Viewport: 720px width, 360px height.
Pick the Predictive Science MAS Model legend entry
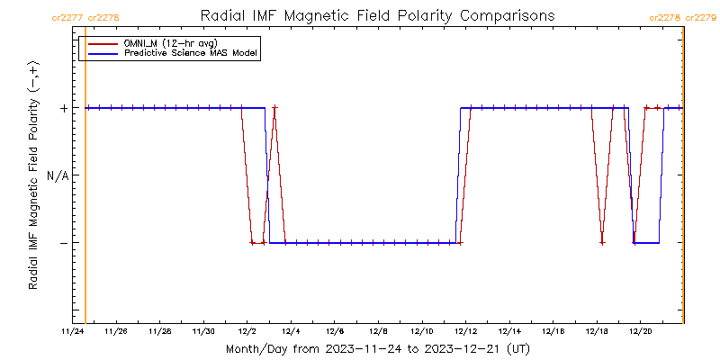(x=191, y=54)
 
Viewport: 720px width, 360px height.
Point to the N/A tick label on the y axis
(x=57, y=175)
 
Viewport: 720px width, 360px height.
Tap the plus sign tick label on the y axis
(x=64, y=108)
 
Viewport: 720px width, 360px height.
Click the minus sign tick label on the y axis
(x=64, y=243)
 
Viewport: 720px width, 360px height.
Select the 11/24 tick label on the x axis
(x=72, y=332)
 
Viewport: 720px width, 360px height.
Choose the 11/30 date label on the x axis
(x=203, y=332)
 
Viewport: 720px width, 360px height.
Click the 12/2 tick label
(x=247, y=332)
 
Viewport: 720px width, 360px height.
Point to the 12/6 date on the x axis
(x=335, y=332)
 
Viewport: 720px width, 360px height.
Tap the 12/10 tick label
(x=422, y=332)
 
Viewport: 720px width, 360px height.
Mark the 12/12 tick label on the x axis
(x=466, y=332)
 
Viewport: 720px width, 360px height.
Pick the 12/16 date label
(x=553, y=332)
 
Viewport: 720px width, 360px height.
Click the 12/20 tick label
(x=641, y=332)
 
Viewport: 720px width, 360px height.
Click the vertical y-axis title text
(x=33, y=175)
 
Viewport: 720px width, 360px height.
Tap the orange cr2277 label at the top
(x=68, y=17)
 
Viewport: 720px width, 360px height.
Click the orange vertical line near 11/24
(x=85, y=180)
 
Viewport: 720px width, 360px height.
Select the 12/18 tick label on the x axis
(x=598, y=332)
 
